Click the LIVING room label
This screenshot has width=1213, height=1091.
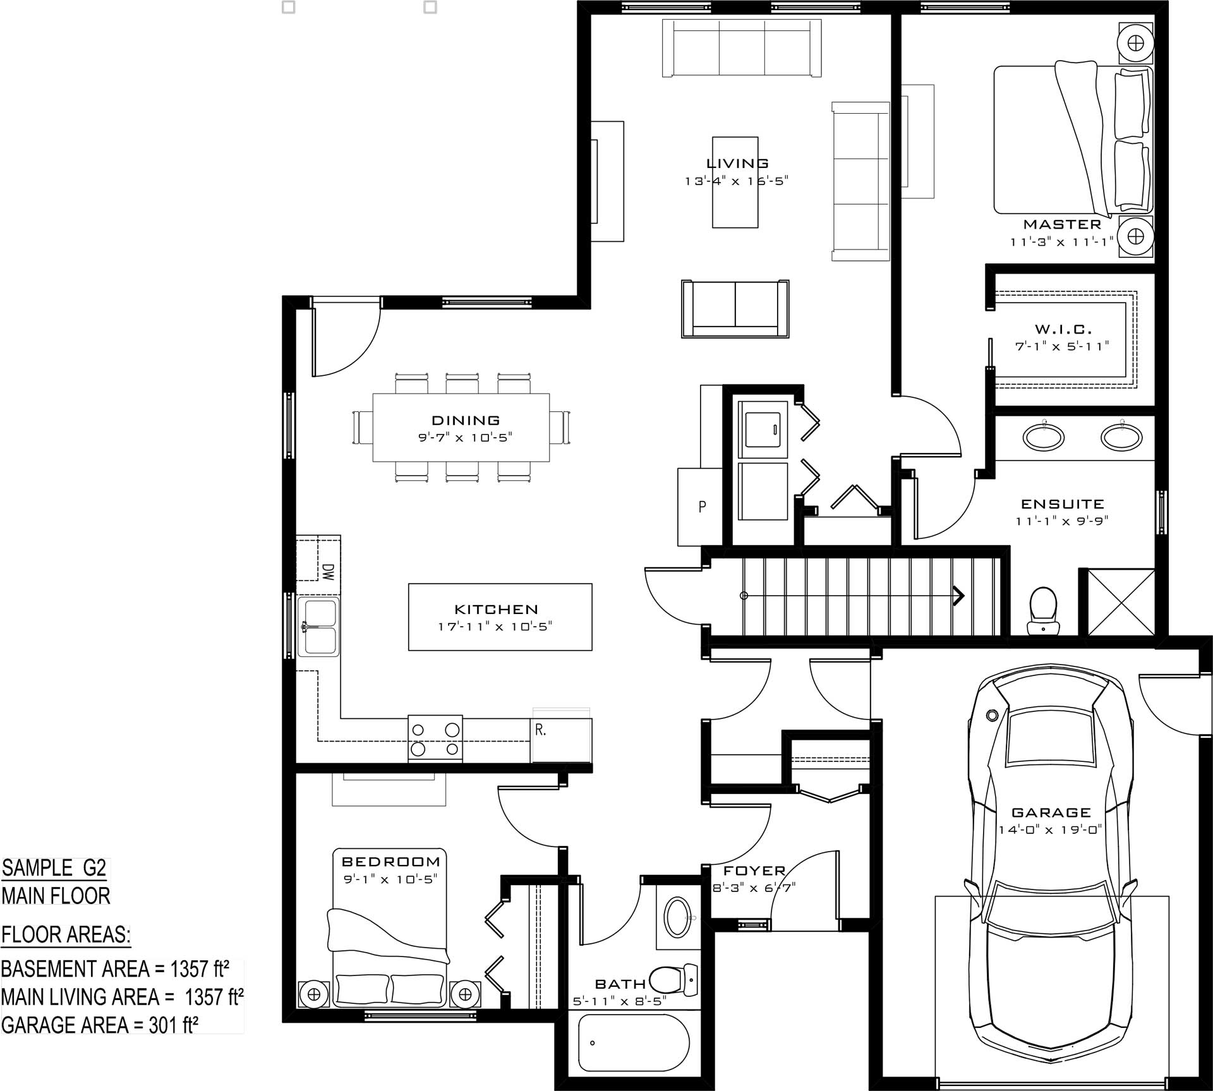tap(737, 164)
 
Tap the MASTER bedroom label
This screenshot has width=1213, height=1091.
tap(1062, 224)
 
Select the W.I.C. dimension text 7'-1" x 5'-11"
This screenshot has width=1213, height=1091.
tap(1062, 346)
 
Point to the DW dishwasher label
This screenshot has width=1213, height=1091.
tap(327, 572)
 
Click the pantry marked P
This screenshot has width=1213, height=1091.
tap(701, 507)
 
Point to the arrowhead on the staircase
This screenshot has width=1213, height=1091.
tap(958, 595)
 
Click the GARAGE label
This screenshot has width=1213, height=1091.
tap(1051, 812)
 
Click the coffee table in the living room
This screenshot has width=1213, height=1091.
tap(735, 182)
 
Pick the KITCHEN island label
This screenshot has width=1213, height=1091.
tap(497, 610)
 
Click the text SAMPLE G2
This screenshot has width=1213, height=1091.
tap(54, 868)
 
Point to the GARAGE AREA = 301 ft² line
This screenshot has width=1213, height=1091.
tap(100, 1025)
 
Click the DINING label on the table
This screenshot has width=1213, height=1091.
tap(466, 420)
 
